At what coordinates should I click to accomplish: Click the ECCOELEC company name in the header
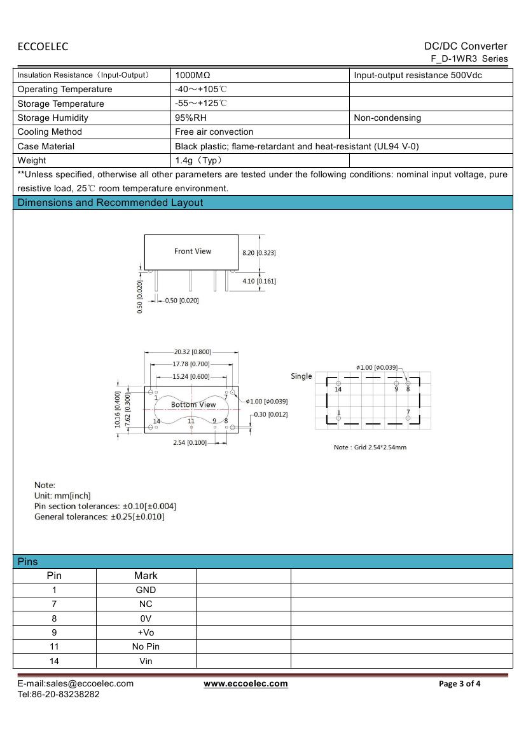pyautogui.click(x=43, y=46)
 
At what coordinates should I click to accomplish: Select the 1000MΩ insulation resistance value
pyautogui.click(x=193, y=75)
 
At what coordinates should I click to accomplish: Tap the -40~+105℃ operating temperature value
pyautogui.click(x=200, y=89)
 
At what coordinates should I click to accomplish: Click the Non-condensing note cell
pyautogui.click(x=387, y=118)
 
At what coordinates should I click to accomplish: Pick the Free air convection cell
pyautogui.click(x=214, y=132)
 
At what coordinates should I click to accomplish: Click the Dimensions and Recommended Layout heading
pyautogui.click(x=111, y=203)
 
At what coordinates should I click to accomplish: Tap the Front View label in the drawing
pyautogui.click(x=193, y=251)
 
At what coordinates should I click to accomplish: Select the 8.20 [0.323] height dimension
pyautogui.click(x=259, y=252)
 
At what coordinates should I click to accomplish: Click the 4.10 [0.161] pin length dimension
pyautogui.click(x=259, y=280)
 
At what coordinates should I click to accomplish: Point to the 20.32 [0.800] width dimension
pyautogui.click(x=192, y=351)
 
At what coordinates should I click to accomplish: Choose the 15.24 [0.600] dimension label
pyautogui.click(x=191, y=376)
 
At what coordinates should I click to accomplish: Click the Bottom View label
pyautogui.click(x=193, y=404)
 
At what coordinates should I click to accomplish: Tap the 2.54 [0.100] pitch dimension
pyautogui.click(x=190, y=442)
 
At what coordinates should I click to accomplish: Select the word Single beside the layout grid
pyautogui.click(x=301, y=376)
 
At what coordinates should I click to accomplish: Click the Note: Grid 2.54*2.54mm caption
pyautogui.click(x=370, y=447)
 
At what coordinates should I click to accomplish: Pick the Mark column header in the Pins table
pyautogui.click(x=146, y=575)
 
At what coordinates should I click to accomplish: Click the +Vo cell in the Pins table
pyautogui.click(x=146, y=632)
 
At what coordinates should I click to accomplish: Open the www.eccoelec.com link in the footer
pyautogui.click(x=246, y=683)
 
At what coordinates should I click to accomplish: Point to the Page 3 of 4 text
pyautogui.click(x=460, y=684)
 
